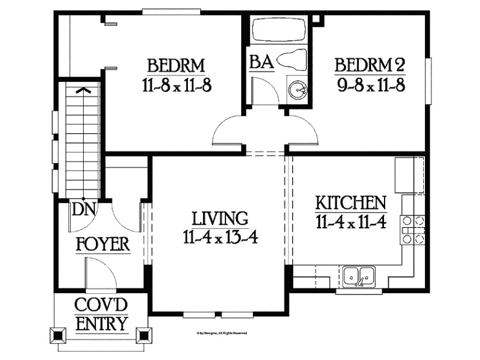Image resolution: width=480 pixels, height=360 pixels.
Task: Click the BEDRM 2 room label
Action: coord(369,64)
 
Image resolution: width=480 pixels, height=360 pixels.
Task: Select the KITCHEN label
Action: coord(351,204)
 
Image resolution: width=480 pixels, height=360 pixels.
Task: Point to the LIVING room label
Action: coord(220,219)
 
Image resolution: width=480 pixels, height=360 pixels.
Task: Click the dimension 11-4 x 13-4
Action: coord(220,237)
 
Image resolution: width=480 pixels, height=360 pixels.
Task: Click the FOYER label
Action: coord(102,245)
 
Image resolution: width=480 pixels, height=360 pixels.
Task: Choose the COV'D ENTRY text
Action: coord(101,315)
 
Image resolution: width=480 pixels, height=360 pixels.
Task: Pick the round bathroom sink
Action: coord(297,90)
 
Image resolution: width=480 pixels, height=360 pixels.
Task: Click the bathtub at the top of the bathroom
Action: coord(278,30)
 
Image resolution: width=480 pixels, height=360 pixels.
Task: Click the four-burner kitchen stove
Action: coord(412,229)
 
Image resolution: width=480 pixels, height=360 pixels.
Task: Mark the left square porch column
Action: coord(59,336)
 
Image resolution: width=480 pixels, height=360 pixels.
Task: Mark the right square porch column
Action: coord(143,336)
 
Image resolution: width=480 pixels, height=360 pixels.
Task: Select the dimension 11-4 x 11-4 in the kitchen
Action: coord(351,222)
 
